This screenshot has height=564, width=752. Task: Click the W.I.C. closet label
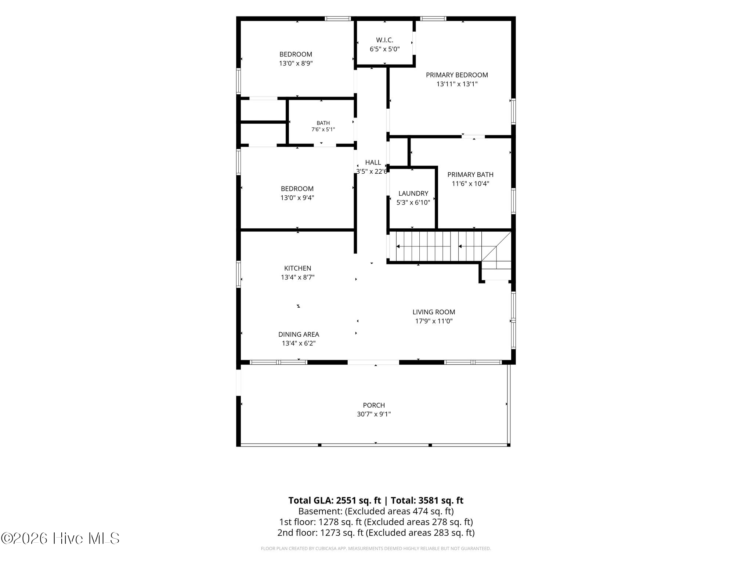384,40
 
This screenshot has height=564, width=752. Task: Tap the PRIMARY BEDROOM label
457,75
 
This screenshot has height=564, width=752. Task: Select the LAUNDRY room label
413,194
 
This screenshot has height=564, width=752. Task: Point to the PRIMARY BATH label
470,175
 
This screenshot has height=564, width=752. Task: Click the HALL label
373,162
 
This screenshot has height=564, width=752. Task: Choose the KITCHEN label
297,268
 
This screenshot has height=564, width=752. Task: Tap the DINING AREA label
299,335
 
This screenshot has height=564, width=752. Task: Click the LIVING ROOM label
434,312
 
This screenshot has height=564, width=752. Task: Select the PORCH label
374,405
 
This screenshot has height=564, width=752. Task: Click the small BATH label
323,123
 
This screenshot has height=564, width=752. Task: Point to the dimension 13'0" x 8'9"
296,64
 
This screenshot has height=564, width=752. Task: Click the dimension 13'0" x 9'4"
297,198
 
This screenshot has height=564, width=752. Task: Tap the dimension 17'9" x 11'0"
434,321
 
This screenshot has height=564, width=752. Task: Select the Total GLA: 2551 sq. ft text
335,500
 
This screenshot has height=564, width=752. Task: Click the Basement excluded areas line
376,511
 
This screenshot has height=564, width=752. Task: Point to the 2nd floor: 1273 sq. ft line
376,533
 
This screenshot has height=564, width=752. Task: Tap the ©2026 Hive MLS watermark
60,538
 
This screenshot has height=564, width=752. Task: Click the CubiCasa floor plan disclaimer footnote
376,549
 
